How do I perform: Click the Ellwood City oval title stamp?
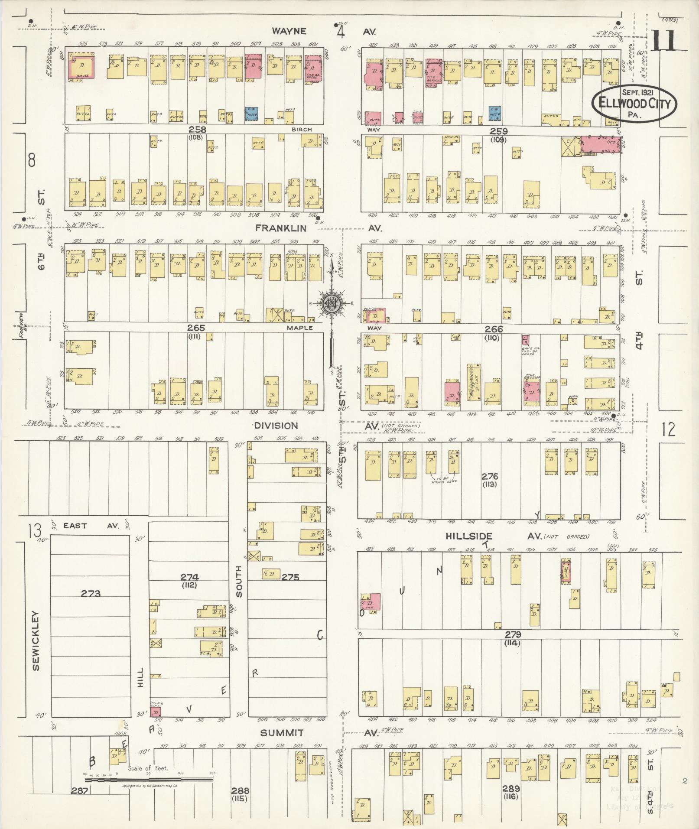click(x=634, y=104)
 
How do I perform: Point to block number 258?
click(x=197, y=130)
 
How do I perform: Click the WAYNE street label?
click(x=289, y=31)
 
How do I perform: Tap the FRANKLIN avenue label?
click(x=280, y=228)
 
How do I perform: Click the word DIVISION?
click(x=276, y=426)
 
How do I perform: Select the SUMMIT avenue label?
click(x=282, y=733)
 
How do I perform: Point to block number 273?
click(x=90, y=593)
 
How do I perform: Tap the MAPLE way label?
click(x=299, y=328)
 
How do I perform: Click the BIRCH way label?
click(x=301, y=130)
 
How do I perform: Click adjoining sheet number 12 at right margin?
click(x=669, y=429)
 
